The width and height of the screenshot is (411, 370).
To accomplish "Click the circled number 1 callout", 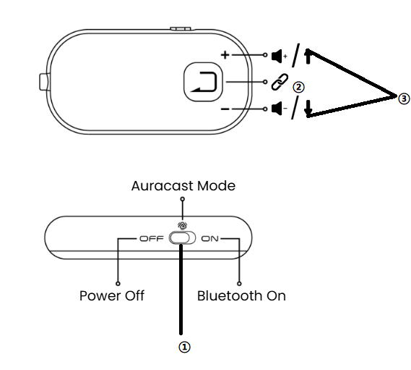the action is pos(184,347).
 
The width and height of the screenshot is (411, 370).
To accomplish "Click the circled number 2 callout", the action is pos(298,88).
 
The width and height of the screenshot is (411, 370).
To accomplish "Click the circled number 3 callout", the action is pos(404,98).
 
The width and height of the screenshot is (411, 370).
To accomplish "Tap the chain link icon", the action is pos(280,82).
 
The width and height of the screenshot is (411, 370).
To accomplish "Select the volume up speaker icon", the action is pos(279,56).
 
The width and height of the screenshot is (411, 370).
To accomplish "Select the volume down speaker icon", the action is pos(279,109).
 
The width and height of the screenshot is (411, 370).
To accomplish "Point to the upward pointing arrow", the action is pos(308,56).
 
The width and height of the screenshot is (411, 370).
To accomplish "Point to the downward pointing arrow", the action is pos(308,109).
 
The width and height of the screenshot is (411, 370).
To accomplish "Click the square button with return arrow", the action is pos(203,82).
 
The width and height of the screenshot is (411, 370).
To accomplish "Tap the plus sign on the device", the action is pos(225,55).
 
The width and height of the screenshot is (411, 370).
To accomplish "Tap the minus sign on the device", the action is pos(225,109).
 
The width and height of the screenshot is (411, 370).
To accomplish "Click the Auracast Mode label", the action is pos(183,186).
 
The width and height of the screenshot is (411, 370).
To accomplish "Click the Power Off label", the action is pos(112,296).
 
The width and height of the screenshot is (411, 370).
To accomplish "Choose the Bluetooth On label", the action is pos(241,296).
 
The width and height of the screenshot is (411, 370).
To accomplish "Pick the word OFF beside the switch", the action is pos(152,239).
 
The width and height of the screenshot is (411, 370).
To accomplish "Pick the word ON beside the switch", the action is pos(209,239).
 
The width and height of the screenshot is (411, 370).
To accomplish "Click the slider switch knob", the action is pos(179,238).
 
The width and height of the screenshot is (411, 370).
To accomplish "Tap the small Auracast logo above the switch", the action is pos(183,225).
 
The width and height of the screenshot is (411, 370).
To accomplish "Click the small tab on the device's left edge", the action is pos(43,83).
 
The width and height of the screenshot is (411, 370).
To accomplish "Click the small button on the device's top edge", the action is pos(181,28).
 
